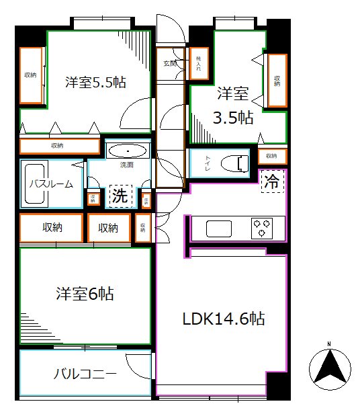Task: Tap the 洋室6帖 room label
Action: [x=84, y=294]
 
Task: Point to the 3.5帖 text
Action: [x=233, y=118]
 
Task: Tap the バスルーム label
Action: [x=50, y=183]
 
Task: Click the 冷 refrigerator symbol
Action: [x=272, y=181]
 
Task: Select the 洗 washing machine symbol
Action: [x=119, y=196]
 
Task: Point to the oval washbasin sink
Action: [x=127, y=150]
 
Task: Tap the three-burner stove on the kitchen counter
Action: [x=262, y=227]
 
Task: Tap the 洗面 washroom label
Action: [x=128, y=165]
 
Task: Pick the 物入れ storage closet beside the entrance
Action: [x=199, y=65]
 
